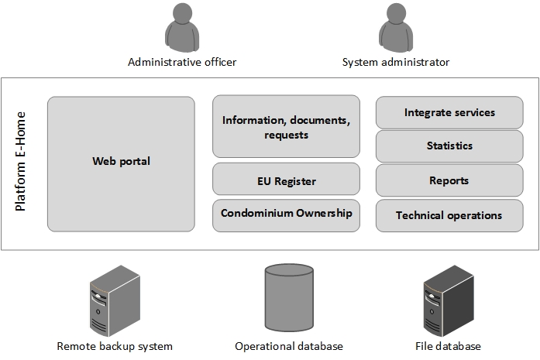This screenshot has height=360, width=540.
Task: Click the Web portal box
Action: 121,163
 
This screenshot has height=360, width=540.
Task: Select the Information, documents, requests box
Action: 286,127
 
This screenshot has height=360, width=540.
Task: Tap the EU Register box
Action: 286,180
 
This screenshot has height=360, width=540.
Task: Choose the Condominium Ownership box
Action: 286,215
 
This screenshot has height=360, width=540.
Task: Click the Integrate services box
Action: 449,113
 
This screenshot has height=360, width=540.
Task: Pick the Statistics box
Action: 449,146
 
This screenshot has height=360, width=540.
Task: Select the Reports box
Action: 449,180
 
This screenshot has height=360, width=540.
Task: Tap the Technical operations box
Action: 449,215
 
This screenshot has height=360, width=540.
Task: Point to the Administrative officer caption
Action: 182,62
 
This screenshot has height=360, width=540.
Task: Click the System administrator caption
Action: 395,62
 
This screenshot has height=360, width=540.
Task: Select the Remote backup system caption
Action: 115,346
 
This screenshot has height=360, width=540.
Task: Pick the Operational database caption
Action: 288,346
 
